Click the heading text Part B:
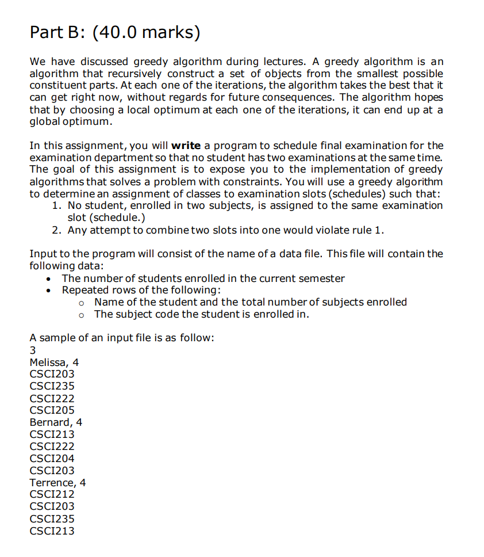(56, 32)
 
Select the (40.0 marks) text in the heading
(146, 32)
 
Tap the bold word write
(186, 145)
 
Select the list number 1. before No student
(57, 205)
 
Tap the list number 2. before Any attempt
(57, 230)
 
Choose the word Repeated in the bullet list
(83, 290)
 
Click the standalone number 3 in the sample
(32, 350)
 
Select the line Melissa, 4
(54, 362)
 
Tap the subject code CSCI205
(52, 410)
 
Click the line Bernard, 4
(56, 422)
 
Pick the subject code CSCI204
(52, 459)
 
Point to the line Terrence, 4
(57, 482)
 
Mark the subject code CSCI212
(52, 494)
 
